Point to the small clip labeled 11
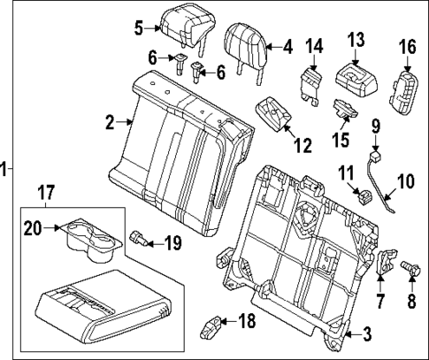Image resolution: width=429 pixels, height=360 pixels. (361, 195)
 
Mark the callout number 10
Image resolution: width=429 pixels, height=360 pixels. (405, 182)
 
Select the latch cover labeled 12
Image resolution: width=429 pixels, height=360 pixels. (272, 114)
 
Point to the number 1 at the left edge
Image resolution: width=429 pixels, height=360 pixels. (5, 168)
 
